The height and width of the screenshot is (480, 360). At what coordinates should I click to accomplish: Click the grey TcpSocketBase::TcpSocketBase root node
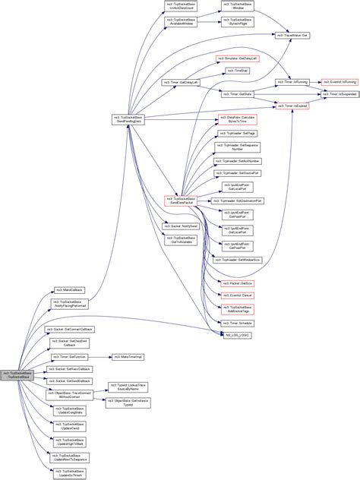pos(17,375)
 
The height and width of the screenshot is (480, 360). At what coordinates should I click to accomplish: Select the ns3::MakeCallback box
pos(68,290)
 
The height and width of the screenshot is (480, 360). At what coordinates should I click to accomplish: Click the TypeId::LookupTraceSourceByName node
pos(128,387)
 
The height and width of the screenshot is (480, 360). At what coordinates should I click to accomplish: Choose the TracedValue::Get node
pos(292,36)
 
